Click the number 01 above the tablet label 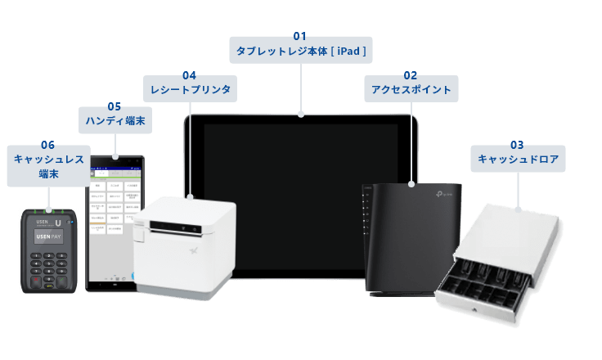point(300,36)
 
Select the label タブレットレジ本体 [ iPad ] point(300,51)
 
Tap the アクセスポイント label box point(411,89)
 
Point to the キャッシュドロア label point(518,159)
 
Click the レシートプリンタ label point(188,89)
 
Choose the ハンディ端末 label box point(115,120)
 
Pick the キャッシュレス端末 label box point(48,166)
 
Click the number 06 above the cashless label point(47,145)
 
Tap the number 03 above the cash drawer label point(518,144)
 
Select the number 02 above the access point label point(411,74)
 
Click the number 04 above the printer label point(189,74)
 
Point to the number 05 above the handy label point(115,106)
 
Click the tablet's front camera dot point(301,119)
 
